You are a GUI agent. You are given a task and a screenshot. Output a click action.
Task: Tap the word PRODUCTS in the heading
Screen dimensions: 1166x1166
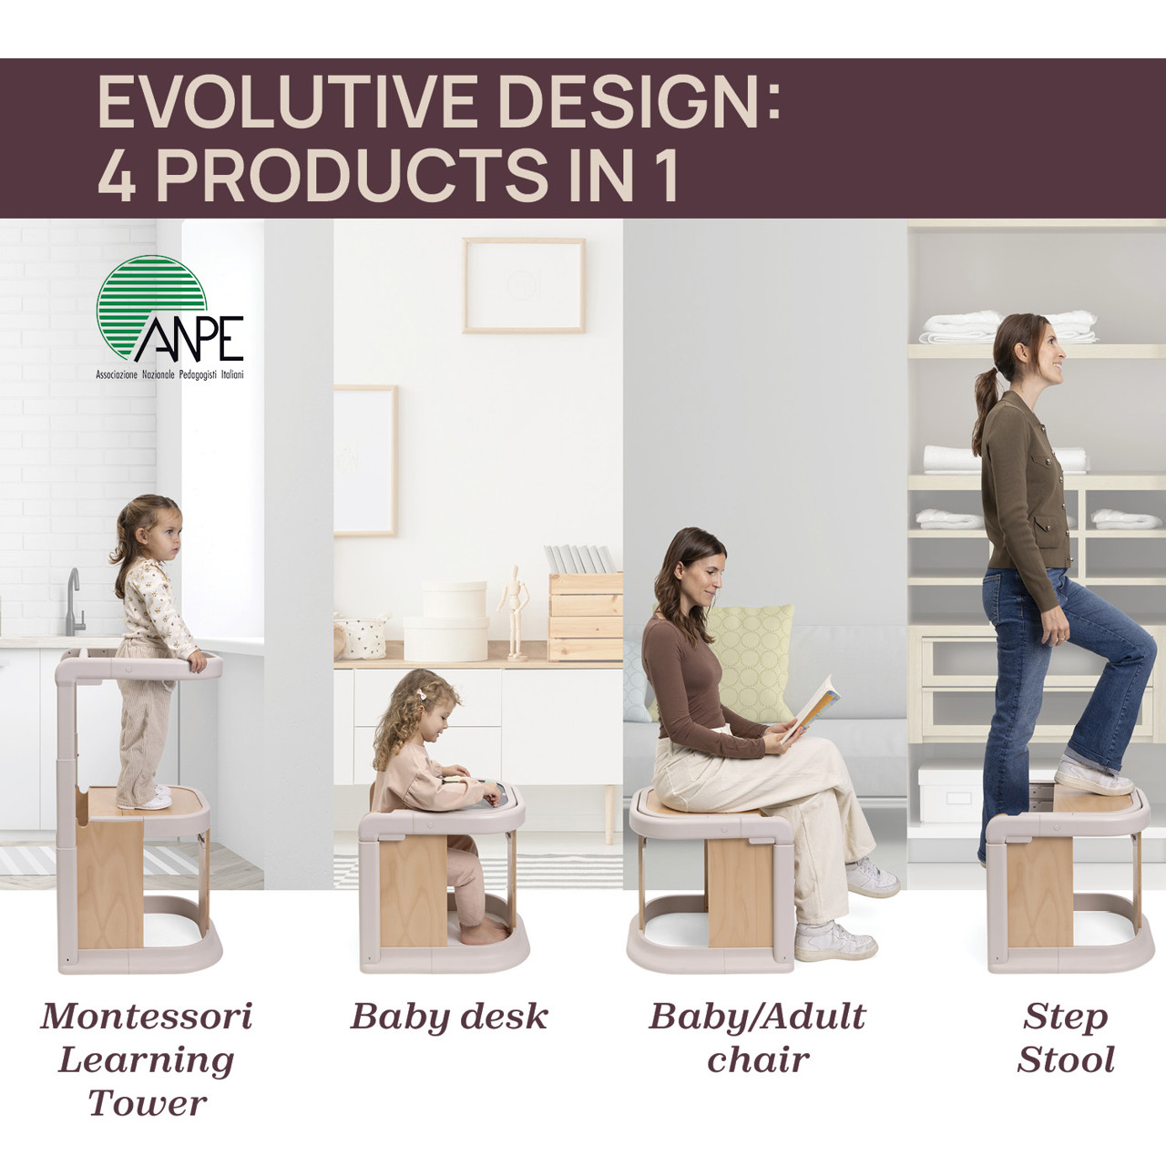tap(351, 176)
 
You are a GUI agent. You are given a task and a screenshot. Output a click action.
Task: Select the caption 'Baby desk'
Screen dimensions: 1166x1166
tap(449, 1017)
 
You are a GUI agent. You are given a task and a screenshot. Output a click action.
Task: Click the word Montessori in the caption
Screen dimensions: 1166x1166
tap(147, 1017)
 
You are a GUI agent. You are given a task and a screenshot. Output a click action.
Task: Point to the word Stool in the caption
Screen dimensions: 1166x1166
tap(1066, 1059)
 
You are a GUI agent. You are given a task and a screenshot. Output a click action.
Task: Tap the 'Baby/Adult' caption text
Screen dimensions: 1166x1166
tap(757, 1017)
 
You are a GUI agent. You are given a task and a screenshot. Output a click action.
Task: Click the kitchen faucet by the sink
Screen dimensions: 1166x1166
tap(74, 601)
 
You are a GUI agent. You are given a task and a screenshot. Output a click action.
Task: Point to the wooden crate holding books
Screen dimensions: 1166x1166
tap(586, 615)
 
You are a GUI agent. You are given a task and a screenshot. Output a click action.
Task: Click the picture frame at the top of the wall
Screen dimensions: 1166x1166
tap(524, 285)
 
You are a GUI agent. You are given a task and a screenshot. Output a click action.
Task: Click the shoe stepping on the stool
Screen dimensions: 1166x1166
tap(1092, 778)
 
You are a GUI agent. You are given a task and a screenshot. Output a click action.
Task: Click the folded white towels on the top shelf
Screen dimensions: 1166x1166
tap(1007, 327)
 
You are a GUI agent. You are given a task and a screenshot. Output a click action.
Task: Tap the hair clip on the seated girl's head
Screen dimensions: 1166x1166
tap(423, 695)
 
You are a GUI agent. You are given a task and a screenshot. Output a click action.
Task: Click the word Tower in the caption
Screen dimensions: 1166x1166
tap(147, 1103)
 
